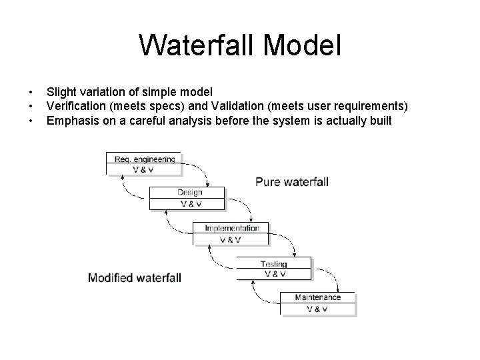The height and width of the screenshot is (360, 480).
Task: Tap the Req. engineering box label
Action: (144, 159)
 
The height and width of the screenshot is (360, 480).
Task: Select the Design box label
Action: (189, 193)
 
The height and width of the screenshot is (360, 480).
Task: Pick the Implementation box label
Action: (231, 229)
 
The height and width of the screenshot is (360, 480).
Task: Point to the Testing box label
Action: (274, 264)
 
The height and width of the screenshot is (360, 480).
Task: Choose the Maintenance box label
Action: (317, 297)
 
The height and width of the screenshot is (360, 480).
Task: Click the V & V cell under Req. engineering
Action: (142, 169)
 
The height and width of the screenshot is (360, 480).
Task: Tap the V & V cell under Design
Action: (189, 204)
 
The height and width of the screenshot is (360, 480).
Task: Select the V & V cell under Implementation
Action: (231, 239)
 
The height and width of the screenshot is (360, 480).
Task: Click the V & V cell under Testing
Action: (275, 273)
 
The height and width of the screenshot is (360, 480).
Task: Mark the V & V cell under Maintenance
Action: (317, 309)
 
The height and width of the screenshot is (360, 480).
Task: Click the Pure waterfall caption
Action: (292, 181)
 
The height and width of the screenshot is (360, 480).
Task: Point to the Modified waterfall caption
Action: (134, 277)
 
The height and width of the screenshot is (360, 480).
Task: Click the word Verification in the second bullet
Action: (73, 107)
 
